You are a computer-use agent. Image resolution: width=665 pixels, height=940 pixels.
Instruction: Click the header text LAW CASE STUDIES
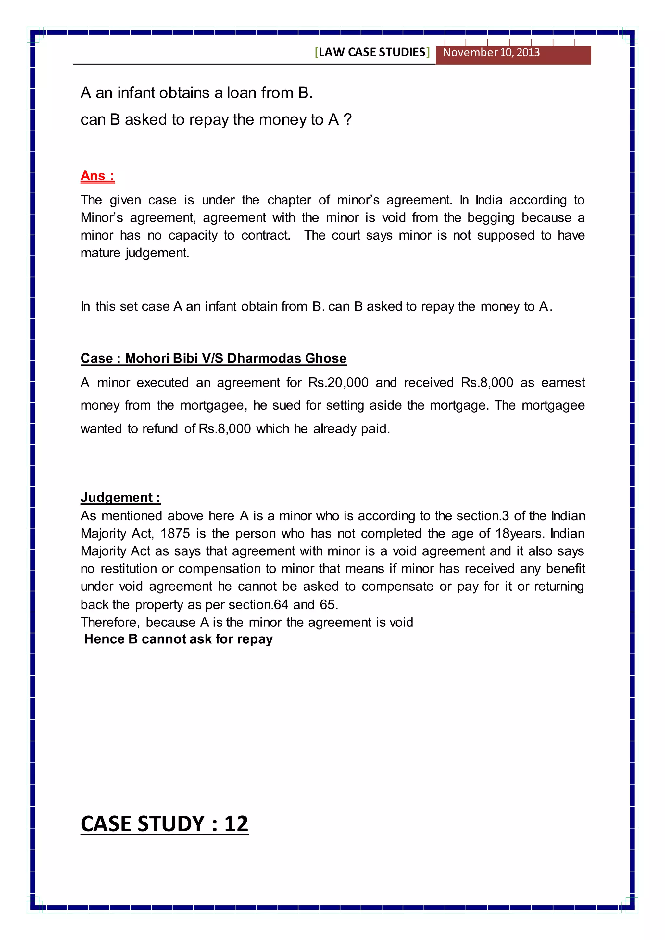(x=372, y=52)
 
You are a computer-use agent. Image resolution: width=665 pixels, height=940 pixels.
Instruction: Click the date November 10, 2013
(x=491, y=52)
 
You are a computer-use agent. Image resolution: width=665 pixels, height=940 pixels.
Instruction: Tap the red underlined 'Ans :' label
(x=97, y=176)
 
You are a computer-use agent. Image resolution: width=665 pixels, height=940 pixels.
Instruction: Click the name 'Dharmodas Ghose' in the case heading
(x=287, y=358)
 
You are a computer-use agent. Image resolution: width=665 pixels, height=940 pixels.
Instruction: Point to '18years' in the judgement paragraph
(x=520, y=534)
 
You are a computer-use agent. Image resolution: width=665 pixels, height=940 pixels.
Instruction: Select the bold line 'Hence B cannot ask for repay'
(x=178, y=639)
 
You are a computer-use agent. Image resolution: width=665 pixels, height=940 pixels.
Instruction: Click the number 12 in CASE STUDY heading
(x=236, y=824)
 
